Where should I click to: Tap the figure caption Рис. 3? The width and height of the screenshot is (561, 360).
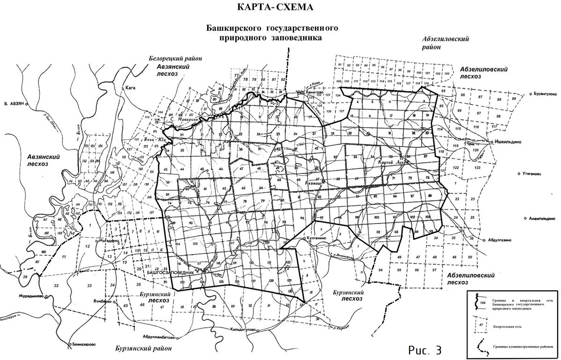point(425,349)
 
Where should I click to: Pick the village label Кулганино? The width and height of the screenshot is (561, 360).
point(319,238)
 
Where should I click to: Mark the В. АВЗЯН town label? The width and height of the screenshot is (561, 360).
point(13,103)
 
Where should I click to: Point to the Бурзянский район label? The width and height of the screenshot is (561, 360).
point(144,348)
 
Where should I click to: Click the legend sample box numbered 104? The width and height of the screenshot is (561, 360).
point(482,302)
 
